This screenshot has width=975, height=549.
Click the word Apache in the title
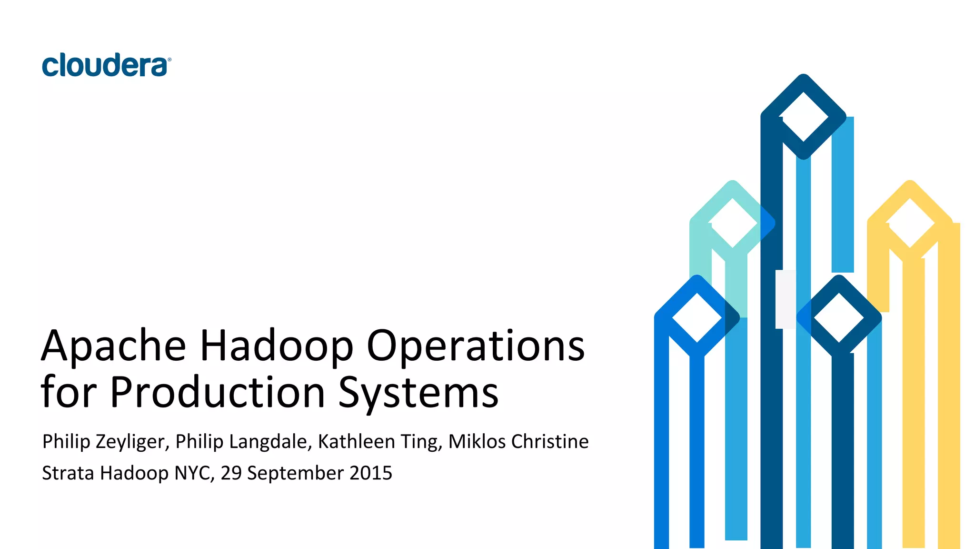pos(113,346)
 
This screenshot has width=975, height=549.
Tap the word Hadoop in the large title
pos(276,346)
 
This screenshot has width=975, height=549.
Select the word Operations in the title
pos(475,346)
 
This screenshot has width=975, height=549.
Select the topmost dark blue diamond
pos(803,117)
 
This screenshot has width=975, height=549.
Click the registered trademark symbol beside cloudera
pos(169,60)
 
